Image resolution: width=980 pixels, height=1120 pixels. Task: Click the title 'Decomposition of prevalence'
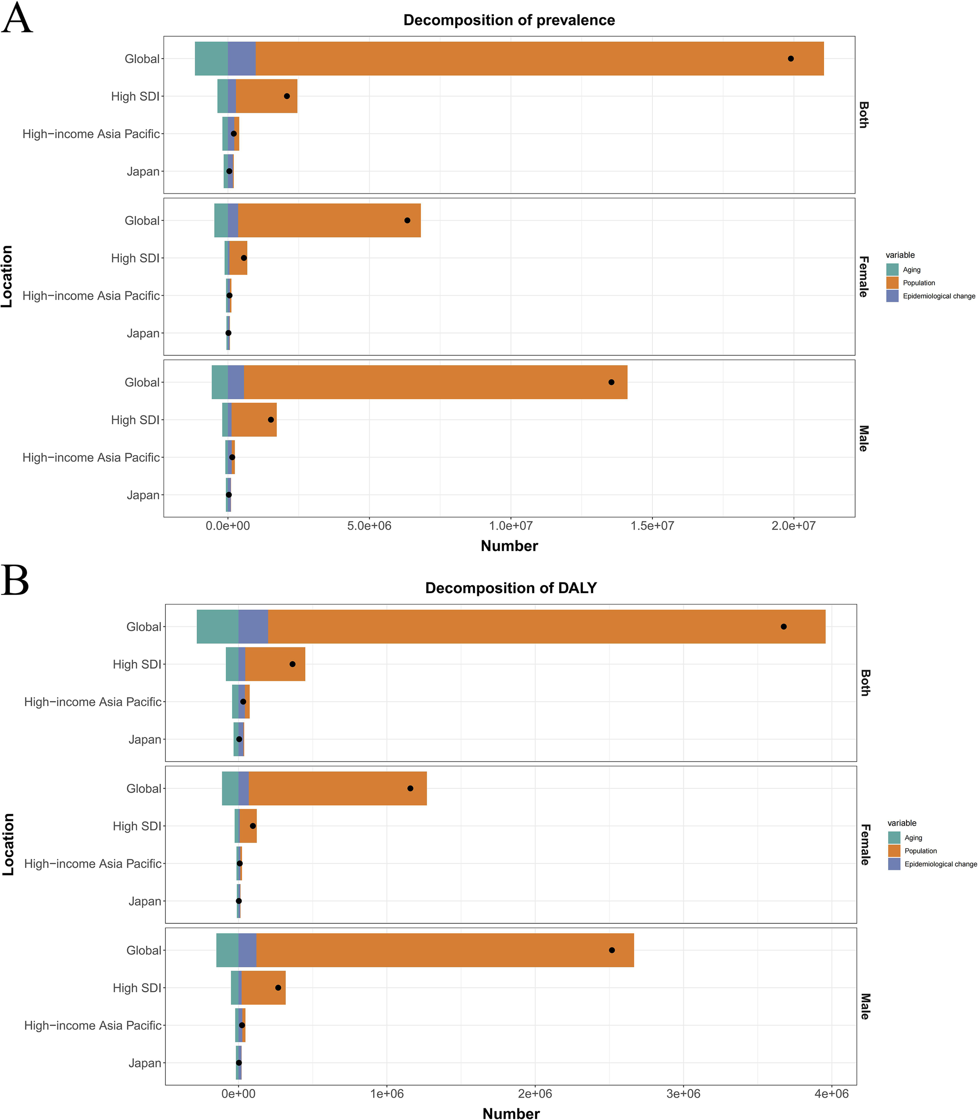[x=509, y=20]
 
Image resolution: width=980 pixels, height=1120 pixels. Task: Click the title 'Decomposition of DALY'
[x=510, y=588]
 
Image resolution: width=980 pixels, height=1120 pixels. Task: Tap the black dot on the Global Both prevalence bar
[x=790, y=59]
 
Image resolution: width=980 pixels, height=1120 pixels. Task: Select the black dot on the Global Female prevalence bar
[x=407, y=220]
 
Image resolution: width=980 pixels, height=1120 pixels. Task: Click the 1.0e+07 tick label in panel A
[x=510, y=526]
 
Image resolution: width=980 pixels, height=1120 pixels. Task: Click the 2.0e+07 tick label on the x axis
[x=794, y=526]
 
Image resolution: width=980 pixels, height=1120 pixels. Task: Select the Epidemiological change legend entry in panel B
[x=940, y=864]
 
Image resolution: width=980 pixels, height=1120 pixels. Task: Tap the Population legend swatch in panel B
[x=894, y=850]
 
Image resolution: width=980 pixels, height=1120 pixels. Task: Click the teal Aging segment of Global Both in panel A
[x=211, y=59]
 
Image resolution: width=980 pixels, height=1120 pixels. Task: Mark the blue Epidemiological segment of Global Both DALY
[x=253, y=626]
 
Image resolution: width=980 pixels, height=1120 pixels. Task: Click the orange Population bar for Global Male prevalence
[x=435, y=382]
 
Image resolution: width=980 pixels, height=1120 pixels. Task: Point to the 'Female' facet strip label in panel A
[x=863, y=276]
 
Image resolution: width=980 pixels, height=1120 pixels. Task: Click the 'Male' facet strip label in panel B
[x=864, y=1006]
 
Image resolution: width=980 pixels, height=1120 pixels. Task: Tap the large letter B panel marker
[x=15, y=581]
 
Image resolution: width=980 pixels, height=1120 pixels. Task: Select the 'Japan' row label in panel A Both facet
[x=143, y=172]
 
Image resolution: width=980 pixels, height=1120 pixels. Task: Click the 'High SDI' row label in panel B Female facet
[x=137, y=826]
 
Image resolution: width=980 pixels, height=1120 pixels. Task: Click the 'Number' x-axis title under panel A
[x=509, y=546]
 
